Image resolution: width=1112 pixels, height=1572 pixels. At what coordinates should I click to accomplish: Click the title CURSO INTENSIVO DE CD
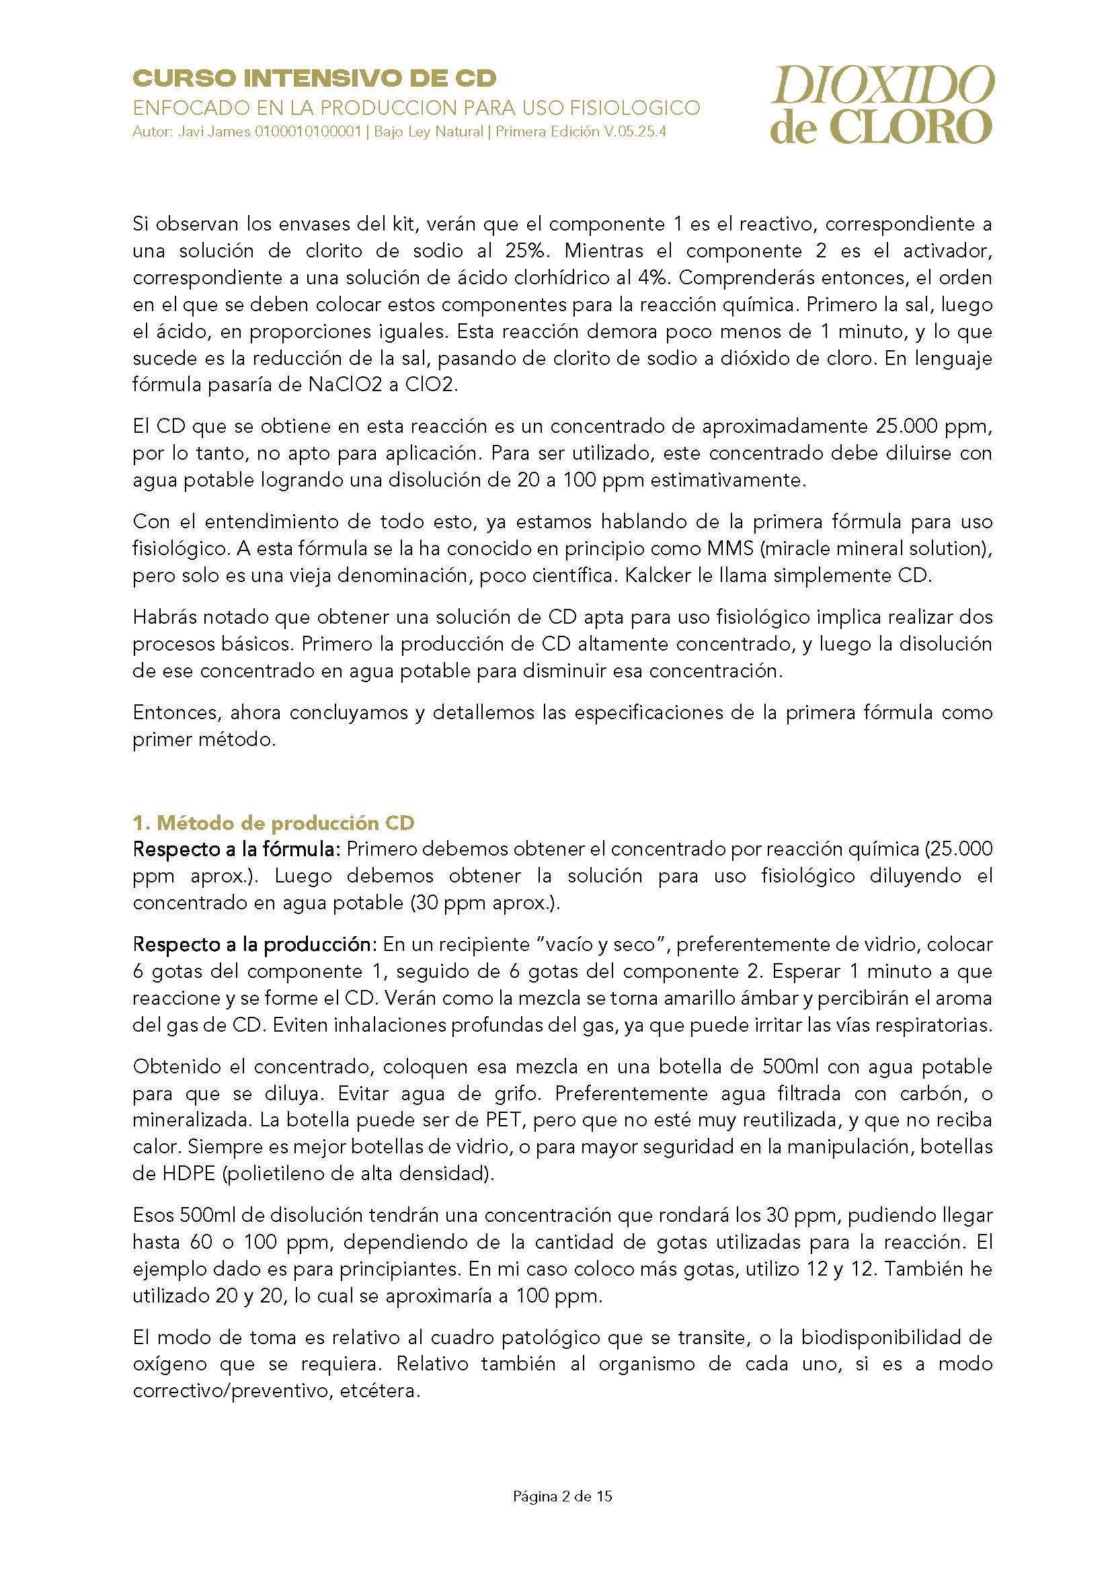(x=314, y=79)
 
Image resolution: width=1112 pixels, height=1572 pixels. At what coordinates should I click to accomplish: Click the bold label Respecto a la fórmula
(x=236, y=849)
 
